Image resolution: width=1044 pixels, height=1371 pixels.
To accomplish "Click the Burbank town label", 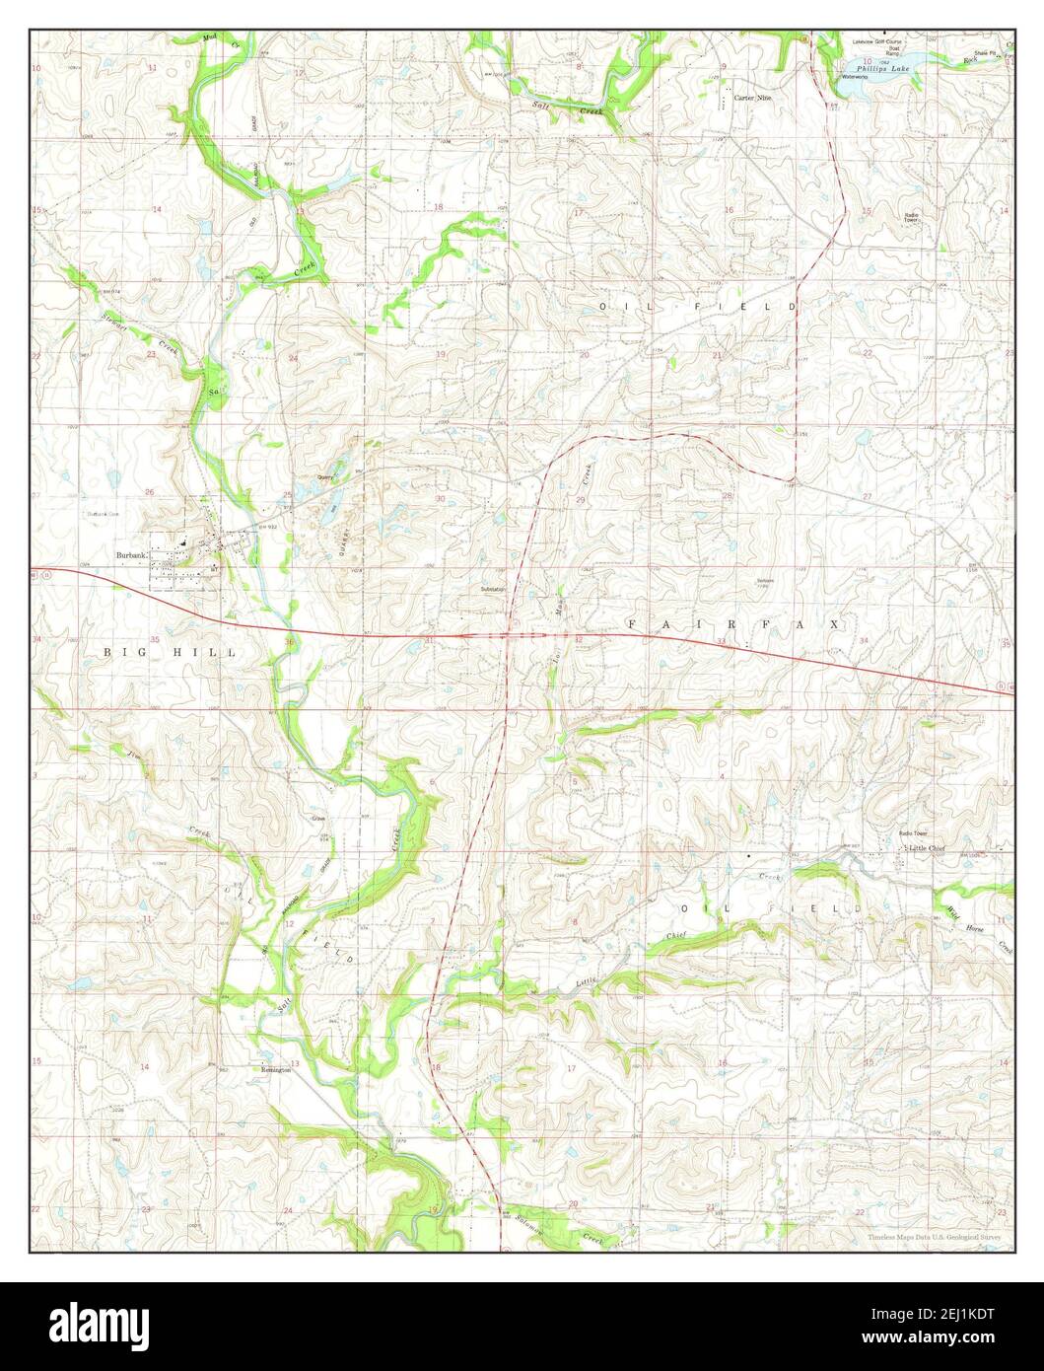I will click(x=131, y=556).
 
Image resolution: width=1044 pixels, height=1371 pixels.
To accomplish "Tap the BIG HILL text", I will click(x=172, y=653).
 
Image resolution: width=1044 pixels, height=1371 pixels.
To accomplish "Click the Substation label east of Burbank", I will click(x=493, y=589).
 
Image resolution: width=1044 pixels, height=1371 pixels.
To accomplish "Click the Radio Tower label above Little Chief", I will click(x=913, y=832).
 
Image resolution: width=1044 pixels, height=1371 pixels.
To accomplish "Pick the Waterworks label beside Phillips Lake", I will click(x=854, y=76).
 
